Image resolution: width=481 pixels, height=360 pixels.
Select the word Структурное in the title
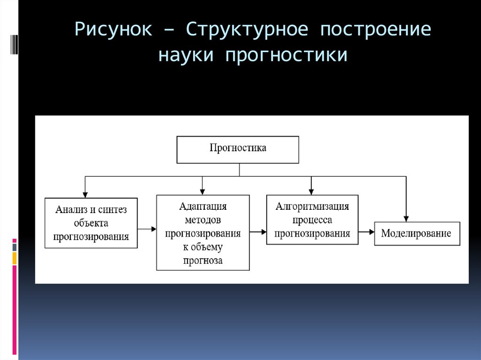point(247,31)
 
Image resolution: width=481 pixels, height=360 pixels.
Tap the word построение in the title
point(376,31)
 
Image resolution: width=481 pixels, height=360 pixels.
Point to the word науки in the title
point(186,55)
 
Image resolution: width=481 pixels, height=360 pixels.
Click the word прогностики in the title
point(287,55)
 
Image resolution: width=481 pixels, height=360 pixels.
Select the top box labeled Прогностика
point(238,149)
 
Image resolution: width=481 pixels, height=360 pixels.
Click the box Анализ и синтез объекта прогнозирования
point(91,223)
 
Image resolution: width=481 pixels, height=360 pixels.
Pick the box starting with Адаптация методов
point(203,233)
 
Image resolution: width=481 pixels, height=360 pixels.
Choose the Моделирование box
point(416,233)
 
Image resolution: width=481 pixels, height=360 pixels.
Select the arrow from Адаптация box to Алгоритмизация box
point(258,232)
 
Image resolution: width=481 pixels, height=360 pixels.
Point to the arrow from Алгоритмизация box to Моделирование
point(366,232)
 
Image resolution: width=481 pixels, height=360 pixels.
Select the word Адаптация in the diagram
point(203,207)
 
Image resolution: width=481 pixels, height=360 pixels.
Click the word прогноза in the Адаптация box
point(203,260)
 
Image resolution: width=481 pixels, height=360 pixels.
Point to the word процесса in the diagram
point(312,220)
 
